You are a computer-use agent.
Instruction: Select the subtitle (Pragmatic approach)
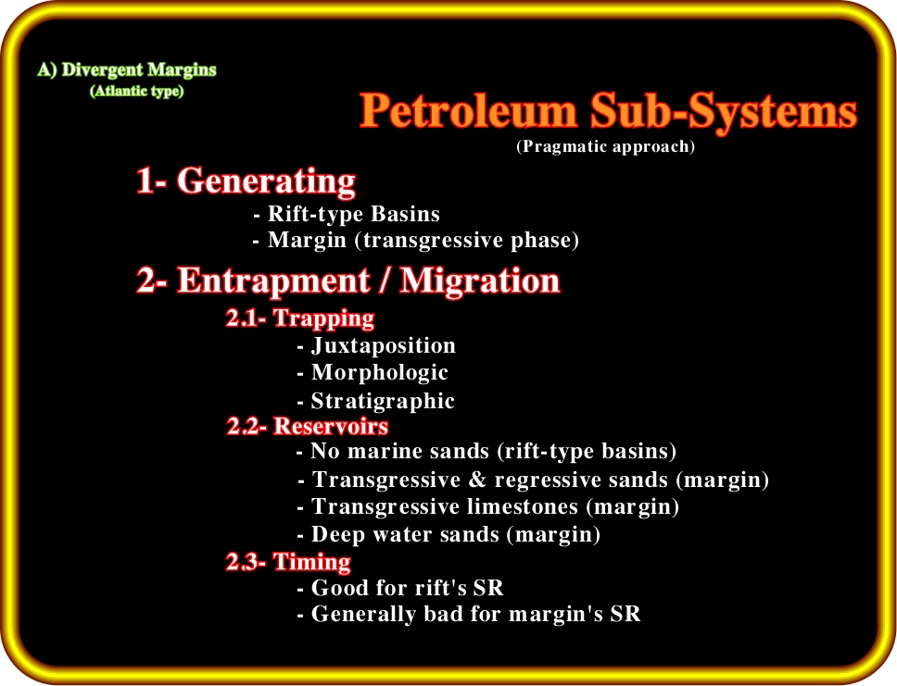click(x=606, y=146)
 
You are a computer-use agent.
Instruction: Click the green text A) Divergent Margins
click(x=127, y=69)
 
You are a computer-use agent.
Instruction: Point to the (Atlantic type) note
click(x=137, y=91)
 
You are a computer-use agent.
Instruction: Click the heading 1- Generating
click(x=246, y=181)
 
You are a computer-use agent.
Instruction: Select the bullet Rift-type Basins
click(x=354, y=214)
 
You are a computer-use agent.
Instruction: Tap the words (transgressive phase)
click(x=467, y=240)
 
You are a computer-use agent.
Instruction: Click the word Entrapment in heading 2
click(x=273, y=281)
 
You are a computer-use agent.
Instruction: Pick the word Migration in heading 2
click(x=479, y=281)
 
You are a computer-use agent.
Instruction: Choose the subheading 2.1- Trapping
click(x=300, y=318)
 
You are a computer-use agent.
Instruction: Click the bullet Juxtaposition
click(x=384, y=345)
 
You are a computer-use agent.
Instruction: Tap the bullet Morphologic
click(x=379, y=373)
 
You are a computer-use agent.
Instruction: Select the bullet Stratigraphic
click(x=383, y=401)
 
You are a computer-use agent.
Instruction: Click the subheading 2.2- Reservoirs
click(x=308, y=427)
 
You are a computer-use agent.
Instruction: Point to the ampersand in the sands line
click(x=477, y=480)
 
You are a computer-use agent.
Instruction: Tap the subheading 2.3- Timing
click(x=288, y=562)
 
